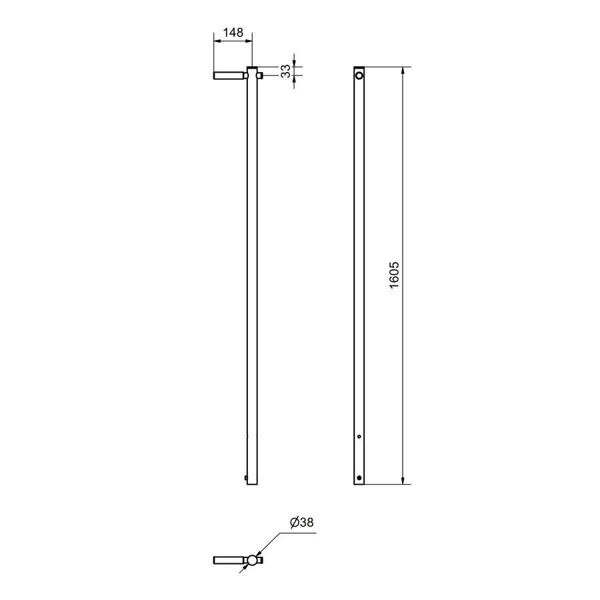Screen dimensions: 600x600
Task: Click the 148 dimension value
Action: [x=233, y=31]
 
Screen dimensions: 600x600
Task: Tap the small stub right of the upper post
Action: [x=261, y=76]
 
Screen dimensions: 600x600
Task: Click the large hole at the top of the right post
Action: [x=360, y=76]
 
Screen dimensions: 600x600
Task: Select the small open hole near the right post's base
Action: [x=359, y=437]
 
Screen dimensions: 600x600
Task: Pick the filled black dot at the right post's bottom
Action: [x=359, y=477]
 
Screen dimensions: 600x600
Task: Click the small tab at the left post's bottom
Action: [x=246, y=477]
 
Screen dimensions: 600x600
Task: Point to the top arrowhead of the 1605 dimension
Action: [x=403, y=71]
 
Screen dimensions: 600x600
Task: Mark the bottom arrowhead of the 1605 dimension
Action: [x=403, y=481]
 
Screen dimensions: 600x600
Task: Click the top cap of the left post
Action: [x=252, y=68]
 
